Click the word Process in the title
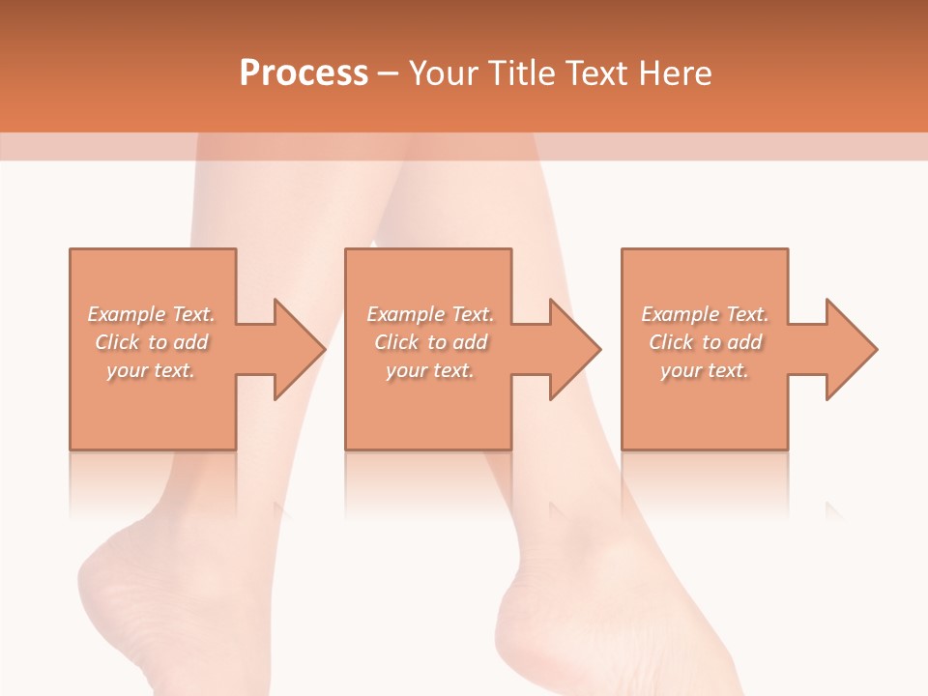pyautogui.click(x=304, y=73)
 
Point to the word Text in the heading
pyautogui.click(x=596, y=73)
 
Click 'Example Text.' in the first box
pyautogui.click(x=152, y=314)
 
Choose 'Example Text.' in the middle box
pyautogui.click(x=430, y=314)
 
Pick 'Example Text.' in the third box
pyautogui.click(x=705, y=314)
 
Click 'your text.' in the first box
pyautogui.click(x=151, y=370)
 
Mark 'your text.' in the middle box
pyautogui.click(x=430, y=370)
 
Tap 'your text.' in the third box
pyautogui.click(x=705, y=370)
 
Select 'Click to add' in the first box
pyautogui.click(x=152, y=342)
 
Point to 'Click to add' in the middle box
pyautogui.click(x=430, y=342)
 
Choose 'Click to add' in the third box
pyautogui.click(x=705, y=342)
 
